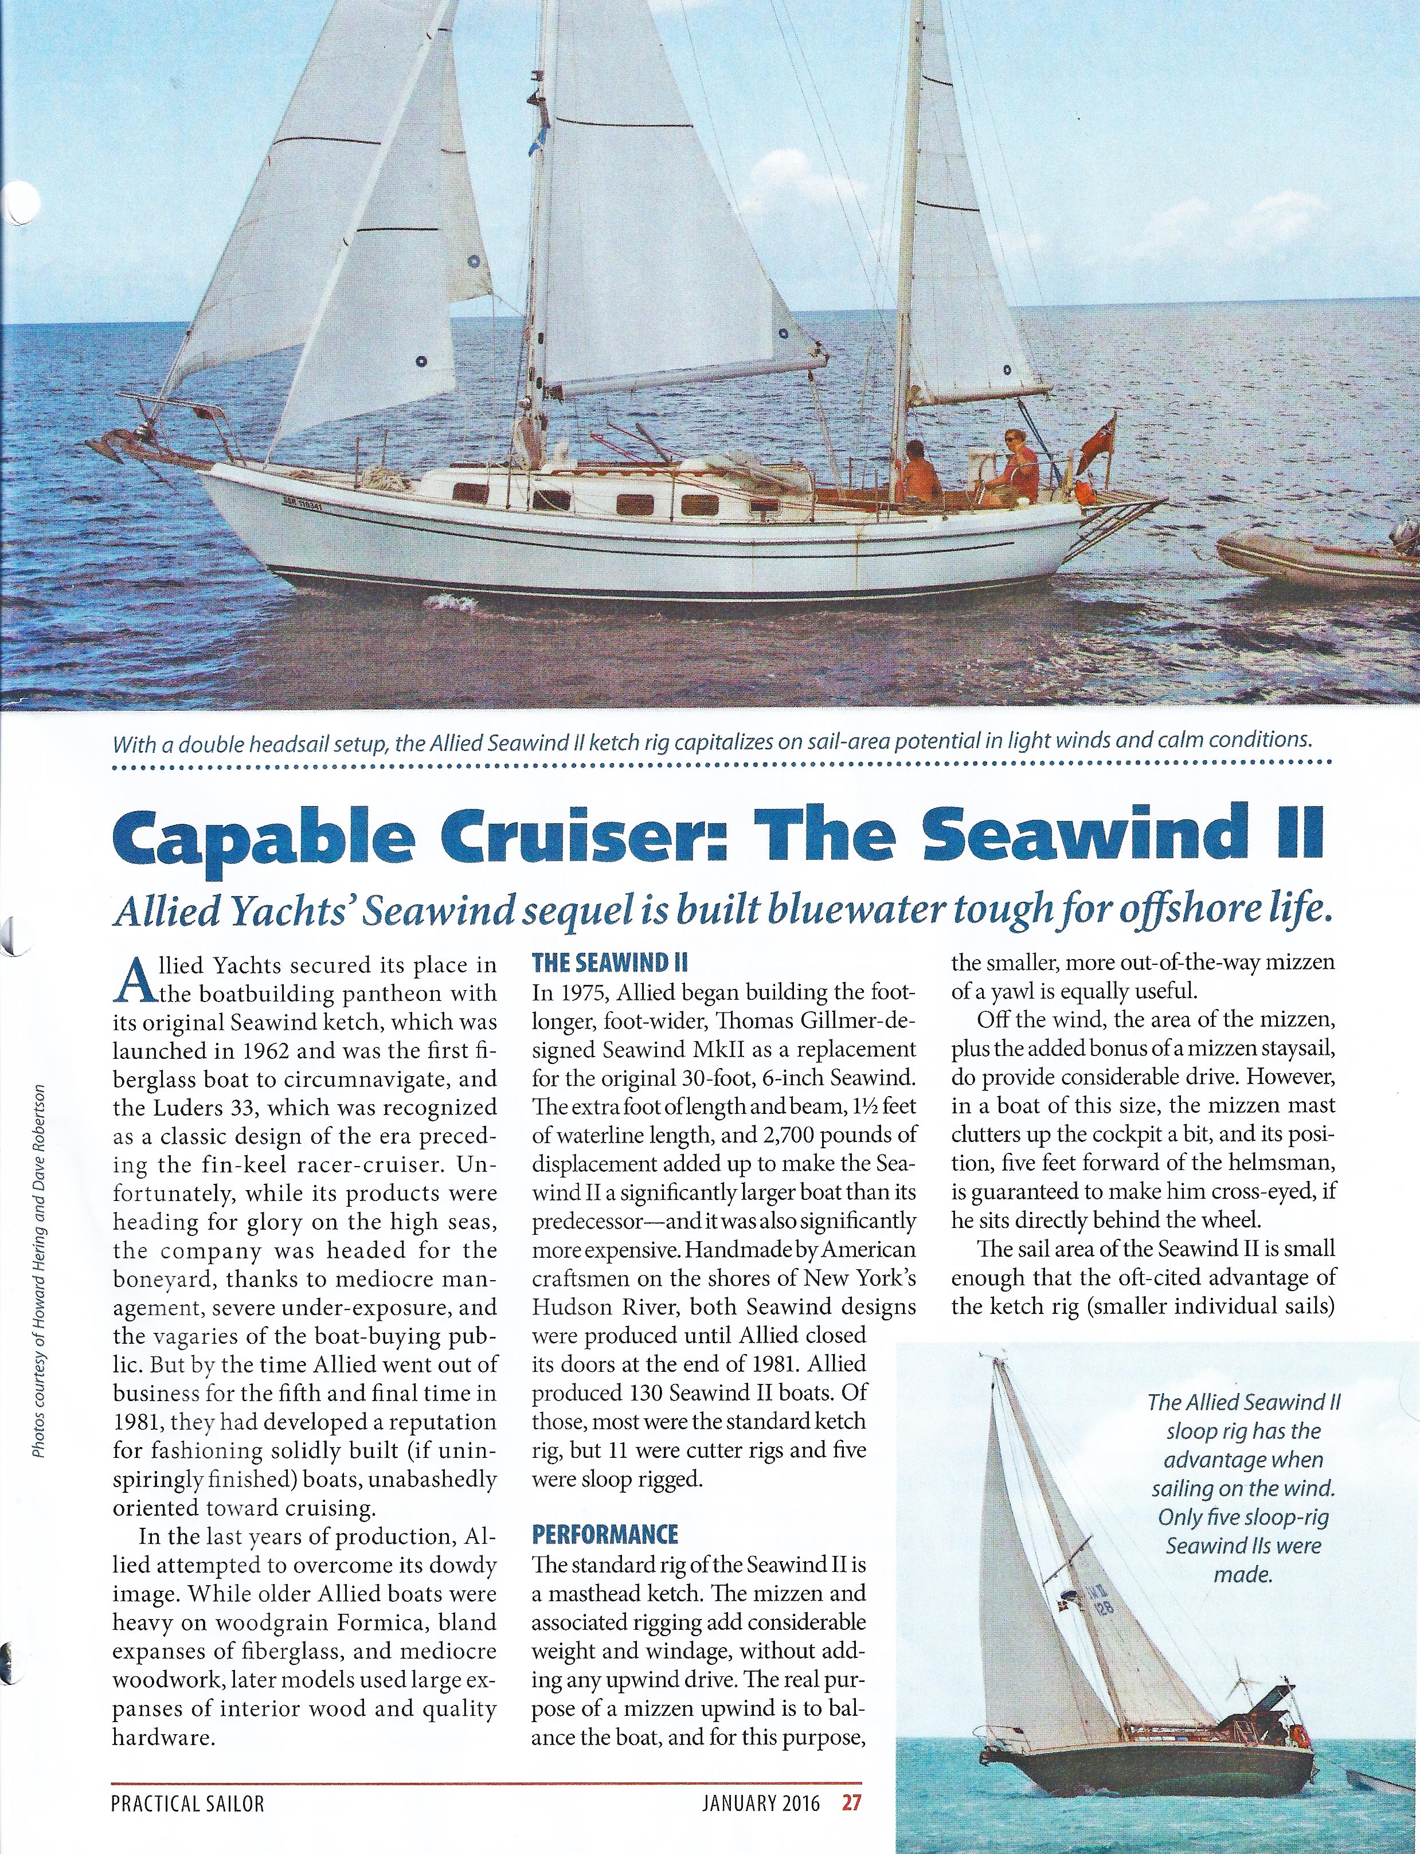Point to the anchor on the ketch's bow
coord(118,441)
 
